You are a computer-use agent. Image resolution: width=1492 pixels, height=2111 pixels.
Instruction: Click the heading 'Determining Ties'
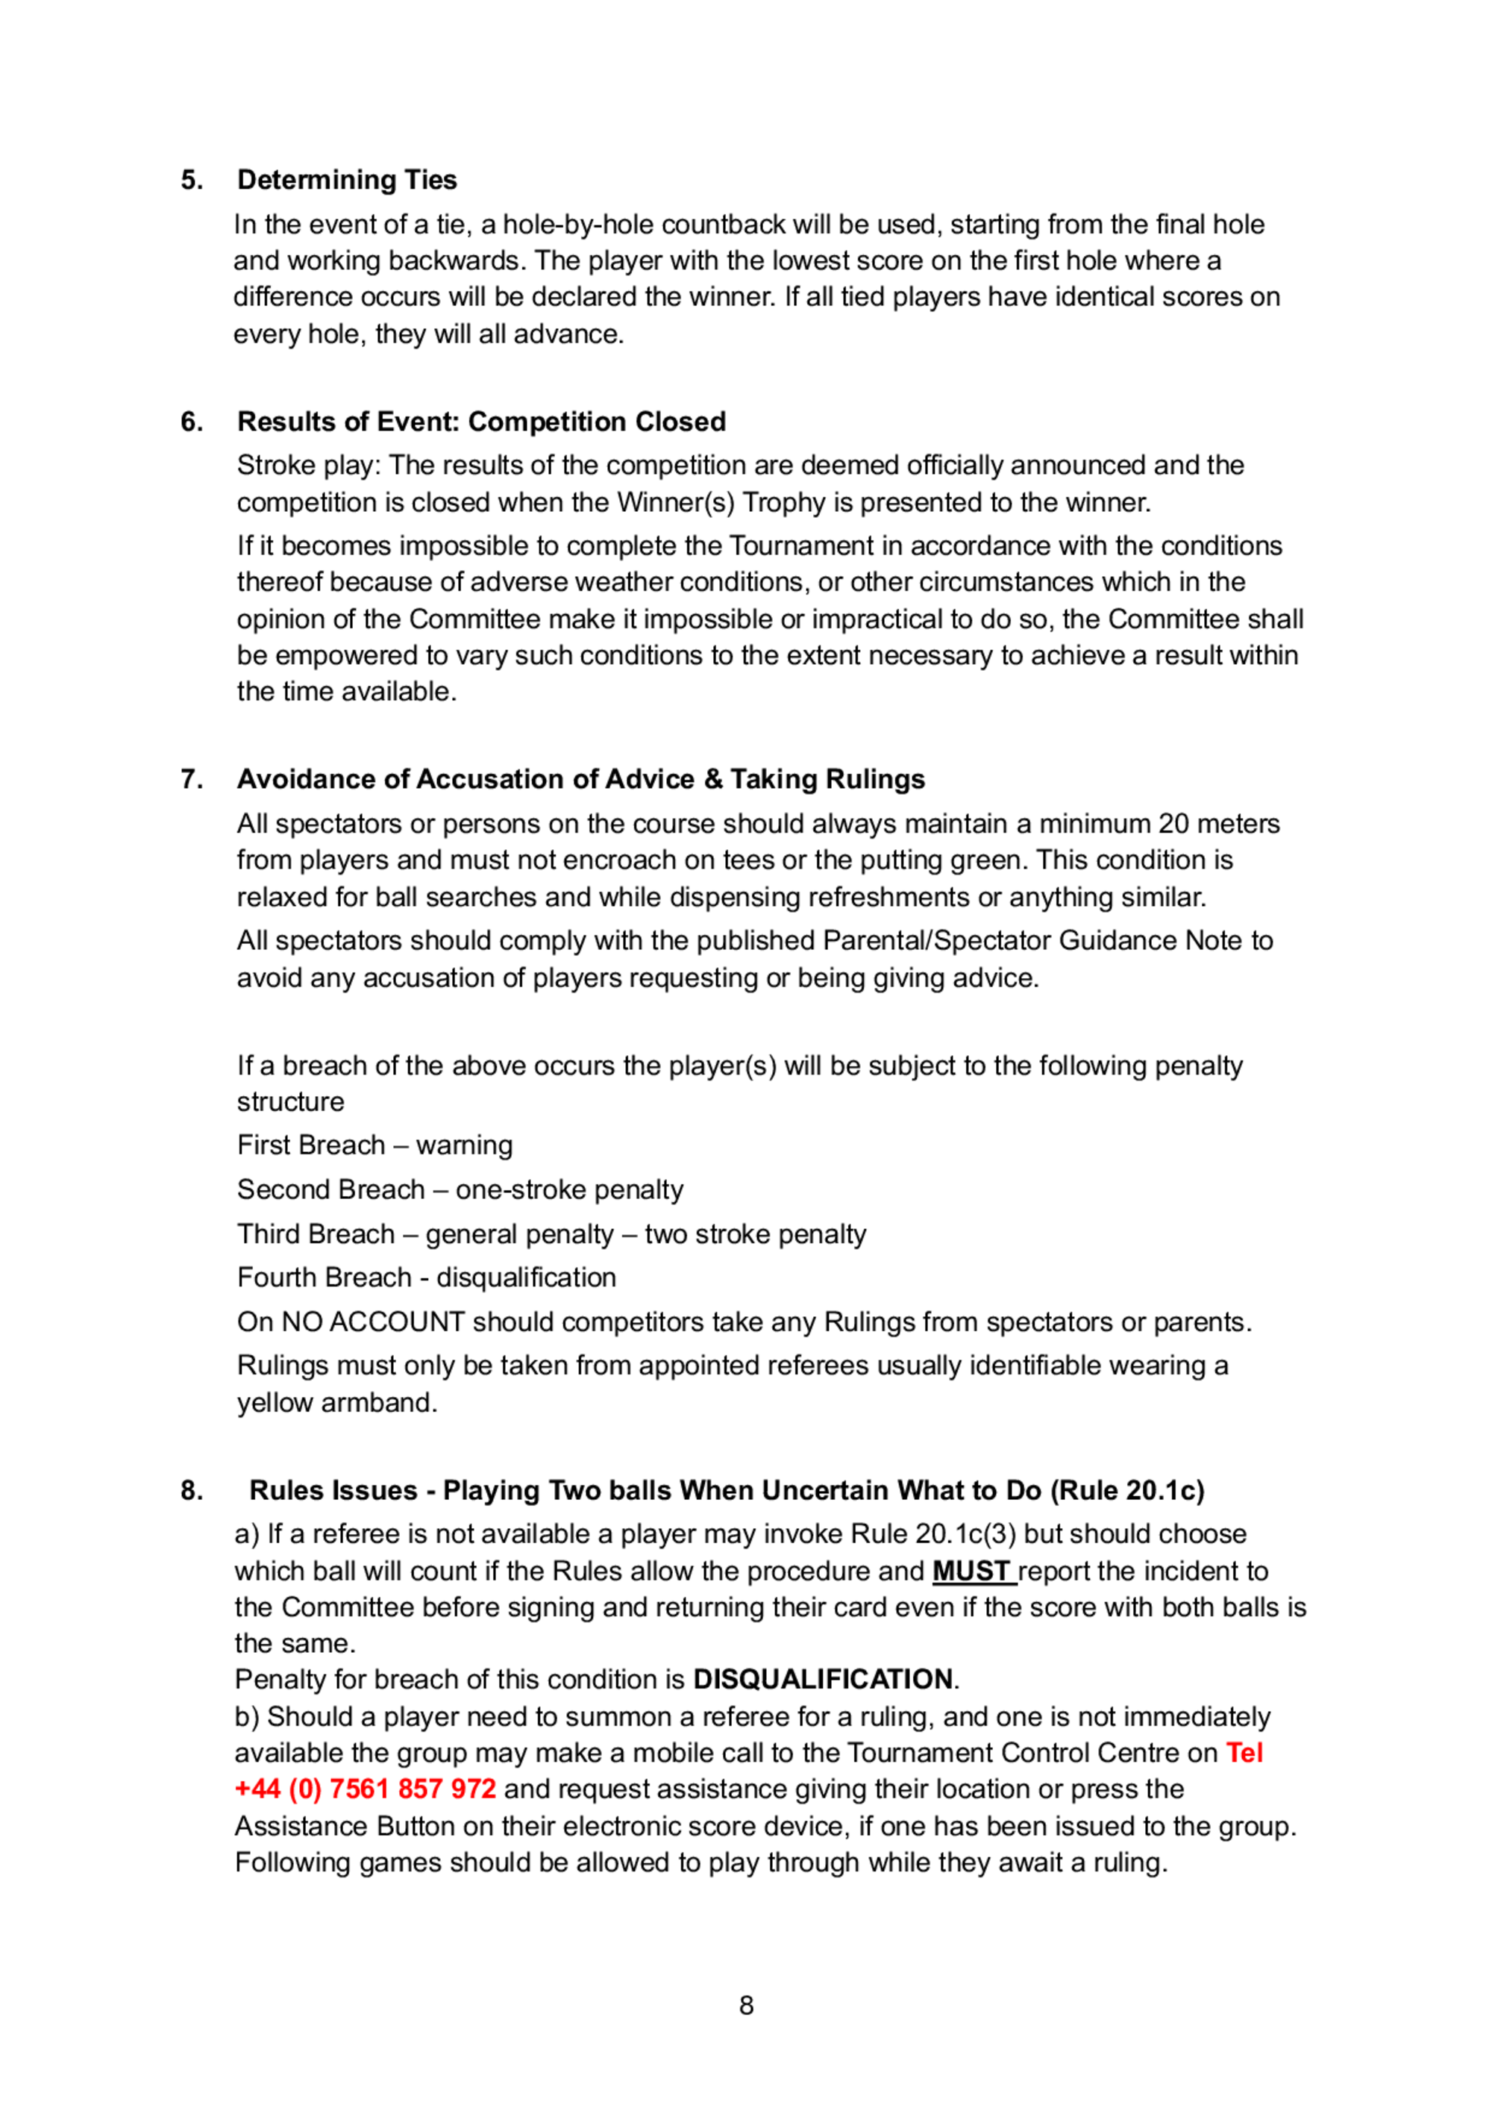(x=347, y=181)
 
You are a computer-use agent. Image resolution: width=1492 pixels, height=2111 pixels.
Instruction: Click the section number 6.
(x=191, y=422)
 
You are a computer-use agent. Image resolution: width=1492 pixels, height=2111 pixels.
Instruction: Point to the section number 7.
(x=191, y=780)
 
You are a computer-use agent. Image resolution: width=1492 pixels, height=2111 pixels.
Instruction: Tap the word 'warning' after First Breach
(x=464, y=1145)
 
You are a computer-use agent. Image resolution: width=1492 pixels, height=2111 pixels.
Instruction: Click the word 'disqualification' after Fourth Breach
(x=526, y=1278)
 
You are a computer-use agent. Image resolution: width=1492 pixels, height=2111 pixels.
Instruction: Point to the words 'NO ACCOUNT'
(x=372, y=1322)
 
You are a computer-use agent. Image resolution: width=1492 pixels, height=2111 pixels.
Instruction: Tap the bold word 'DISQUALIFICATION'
(x=823, y=1680)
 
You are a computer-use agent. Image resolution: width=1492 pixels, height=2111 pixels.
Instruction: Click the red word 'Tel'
(x=1245, y=1754)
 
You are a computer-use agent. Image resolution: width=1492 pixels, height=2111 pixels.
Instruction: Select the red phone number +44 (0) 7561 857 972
(x=365, y=1789)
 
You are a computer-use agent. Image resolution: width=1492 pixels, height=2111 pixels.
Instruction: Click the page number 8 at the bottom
(x=747, y=2005)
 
